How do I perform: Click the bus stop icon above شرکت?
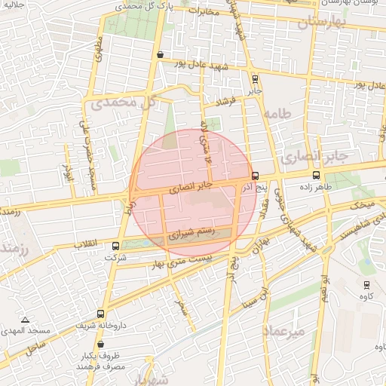115,245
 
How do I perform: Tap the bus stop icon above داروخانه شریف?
101,314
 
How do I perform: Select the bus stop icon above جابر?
255,78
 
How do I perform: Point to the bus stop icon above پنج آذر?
255,174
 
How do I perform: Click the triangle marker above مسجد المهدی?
26,320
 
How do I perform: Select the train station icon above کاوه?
366,284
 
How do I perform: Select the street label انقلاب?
89,244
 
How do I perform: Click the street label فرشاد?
225,100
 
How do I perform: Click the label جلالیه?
14,6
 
